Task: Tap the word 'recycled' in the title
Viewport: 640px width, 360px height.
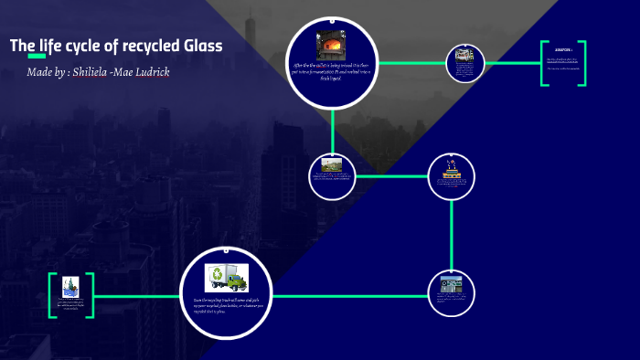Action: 146,46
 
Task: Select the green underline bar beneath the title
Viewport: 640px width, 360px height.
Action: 37,57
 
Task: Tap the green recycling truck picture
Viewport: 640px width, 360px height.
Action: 226,278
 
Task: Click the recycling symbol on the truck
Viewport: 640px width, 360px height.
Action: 218,273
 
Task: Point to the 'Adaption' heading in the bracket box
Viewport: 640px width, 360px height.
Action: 563,49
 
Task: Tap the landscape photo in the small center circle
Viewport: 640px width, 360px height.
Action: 331,165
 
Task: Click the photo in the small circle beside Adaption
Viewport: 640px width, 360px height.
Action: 464,58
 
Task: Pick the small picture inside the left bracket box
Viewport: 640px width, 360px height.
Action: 70,288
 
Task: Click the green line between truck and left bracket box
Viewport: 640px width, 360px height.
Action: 137,297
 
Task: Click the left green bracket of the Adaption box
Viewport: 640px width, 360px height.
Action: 542,63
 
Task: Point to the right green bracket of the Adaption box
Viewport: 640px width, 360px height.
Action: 583,63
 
